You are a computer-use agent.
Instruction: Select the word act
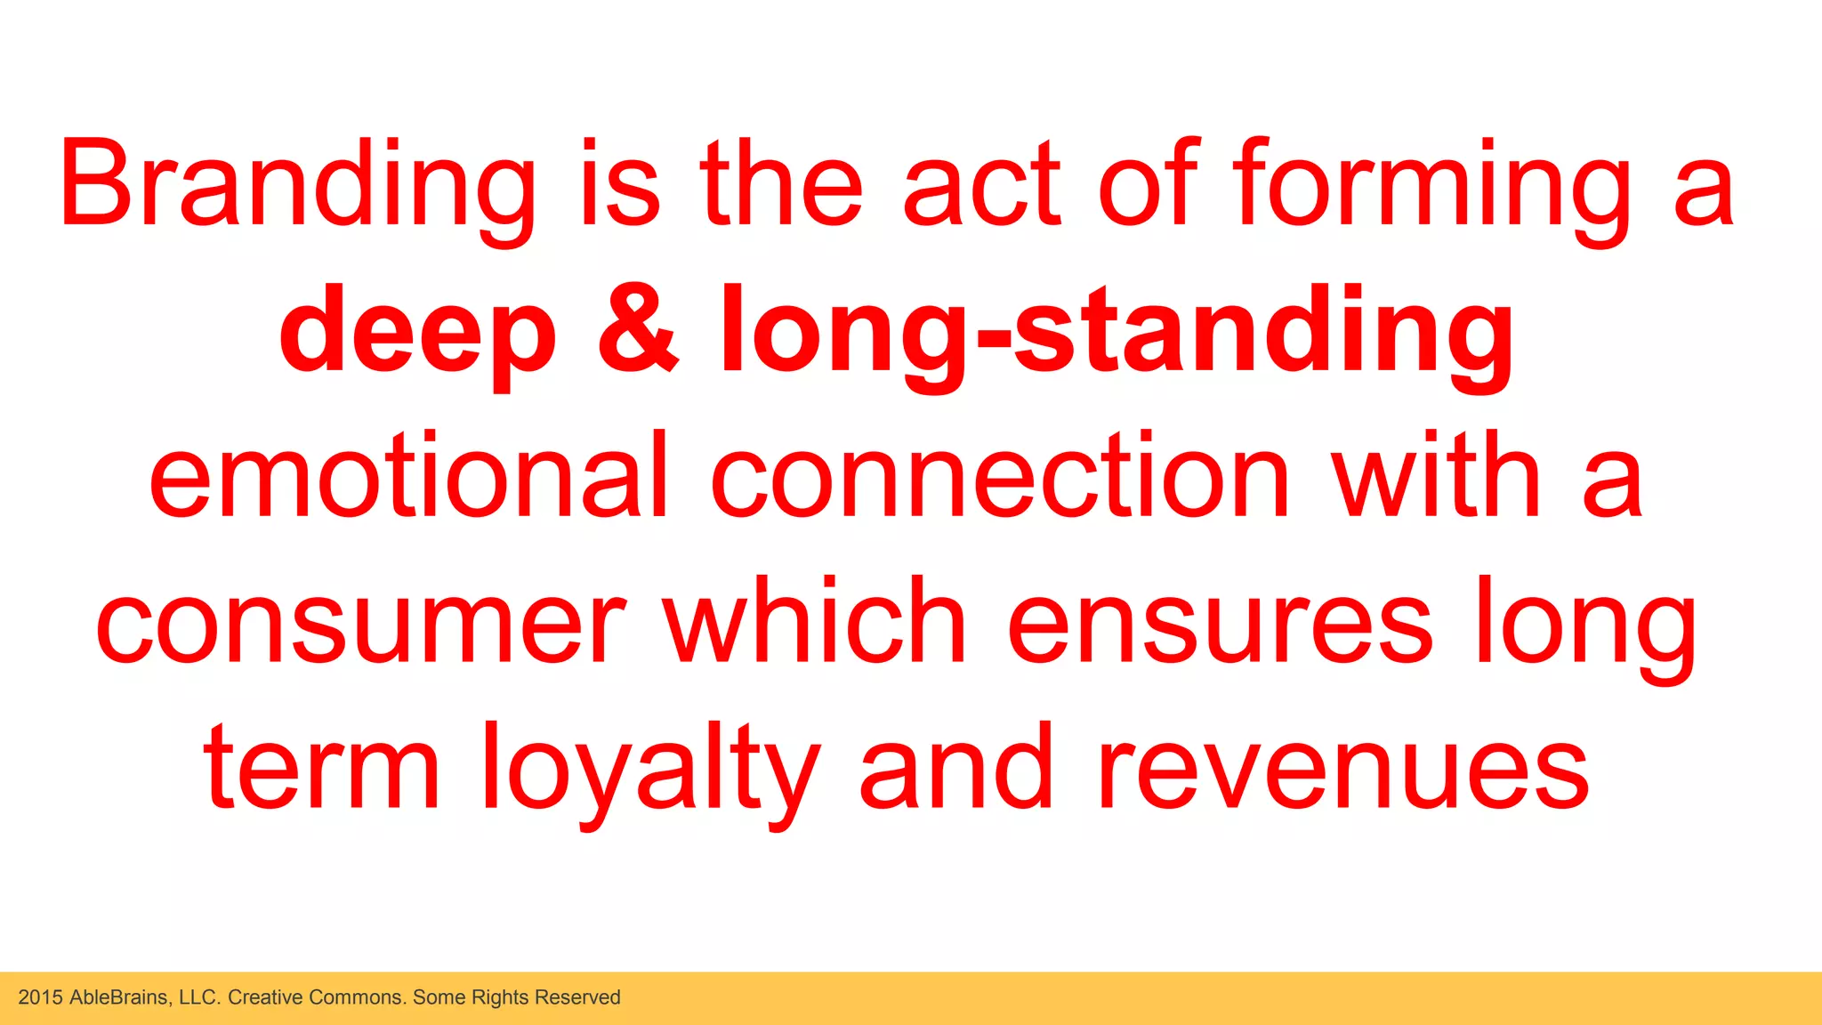pos(981,185)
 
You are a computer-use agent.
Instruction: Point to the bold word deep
pos(417,331)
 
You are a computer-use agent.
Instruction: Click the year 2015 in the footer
pos(41,997)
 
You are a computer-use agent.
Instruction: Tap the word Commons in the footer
pos(360,997)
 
